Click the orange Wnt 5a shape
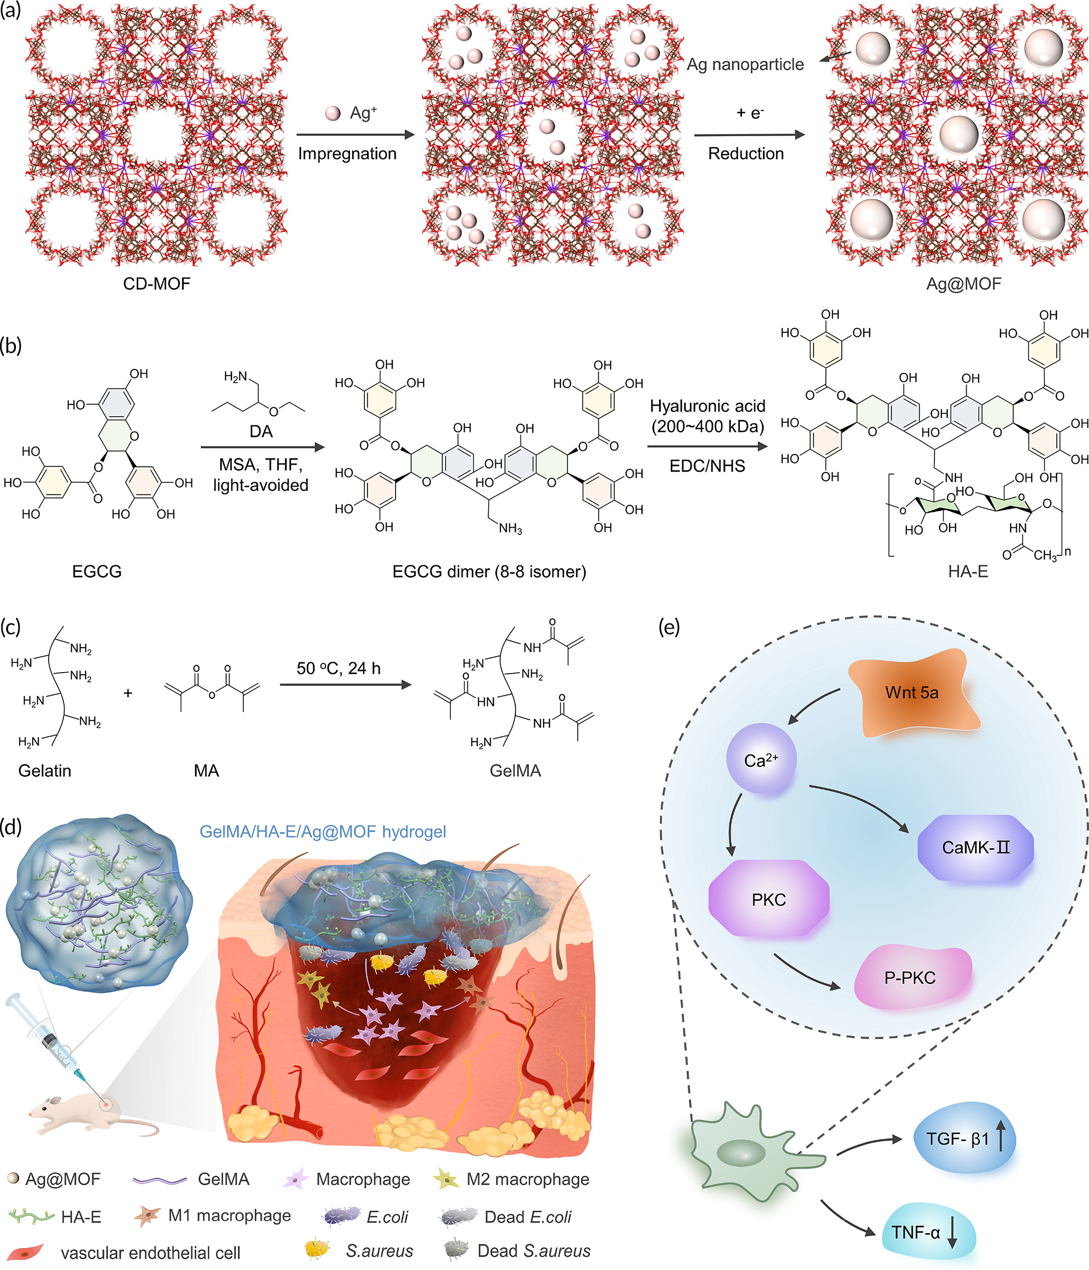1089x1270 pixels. click(x=912, y=693)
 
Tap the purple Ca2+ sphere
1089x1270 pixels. click(x=760, y=760)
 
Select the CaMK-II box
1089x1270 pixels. click(x=975, y=848)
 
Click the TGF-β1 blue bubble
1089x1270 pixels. click(x=964, y=1139)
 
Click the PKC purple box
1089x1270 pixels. click(x=769, y=899)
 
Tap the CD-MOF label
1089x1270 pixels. click(x=157, y=284)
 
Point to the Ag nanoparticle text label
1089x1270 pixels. click(x=745, y=64)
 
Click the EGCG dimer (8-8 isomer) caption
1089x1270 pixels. click(x=489, y=571)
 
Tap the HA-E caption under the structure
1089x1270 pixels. click(x=968, y=571)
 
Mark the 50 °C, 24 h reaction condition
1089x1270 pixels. click(x=338, y=668)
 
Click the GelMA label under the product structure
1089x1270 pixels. click(x=515, y=770)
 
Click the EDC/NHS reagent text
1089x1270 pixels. click(x=707, y=466)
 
